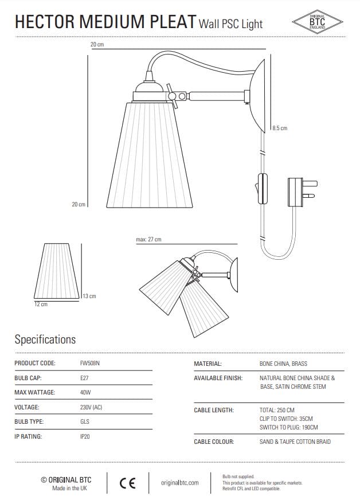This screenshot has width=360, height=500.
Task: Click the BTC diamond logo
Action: [x=317, y=22]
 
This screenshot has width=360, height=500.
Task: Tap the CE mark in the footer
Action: [x=127, y=483]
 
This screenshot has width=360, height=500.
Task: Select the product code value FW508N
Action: [x=90, y=363]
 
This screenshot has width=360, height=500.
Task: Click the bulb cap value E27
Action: [x=84, y=378]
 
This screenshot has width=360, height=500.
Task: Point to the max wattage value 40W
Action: [x=85, y=392]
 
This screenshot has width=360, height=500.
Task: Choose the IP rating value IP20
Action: [x=85, y=436]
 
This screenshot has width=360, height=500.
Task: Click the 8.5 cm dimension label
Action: [x=280, y=128]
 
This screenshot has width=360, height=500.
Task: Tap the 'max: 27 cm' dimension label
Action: [x=148, y=239]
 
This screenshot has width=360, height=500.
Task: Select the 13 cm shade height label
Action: [x=89, y=296]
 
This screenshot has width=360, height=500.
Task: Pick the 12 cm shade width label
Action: [x=41, y=304]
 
